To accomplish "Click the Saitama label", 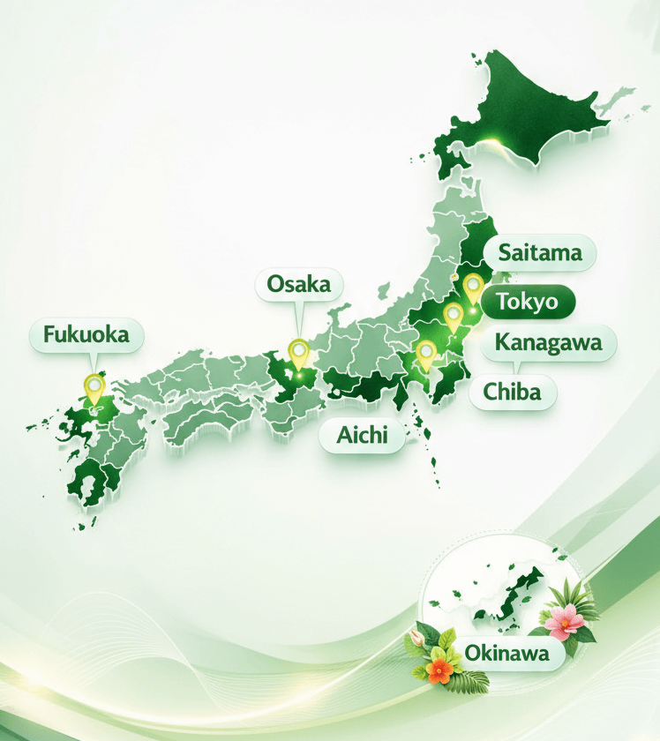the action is click(540, 253).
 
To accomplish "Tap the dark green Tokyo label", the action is click(527, 302).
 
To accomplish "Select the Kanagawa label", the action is click(548, 342).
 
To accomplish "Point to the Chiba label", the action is click(513, 391).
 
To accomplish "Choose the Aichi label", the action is click(363, 436).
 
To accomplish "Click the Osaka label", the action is click(299, 284).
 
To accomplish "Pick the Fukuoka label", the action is click(86, 334).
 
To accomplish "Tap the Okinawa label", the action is click(504, 654).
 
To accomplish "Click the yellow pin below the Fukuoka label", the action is click(94, 385).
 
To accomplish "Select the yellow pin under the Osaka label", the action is click(299, 352).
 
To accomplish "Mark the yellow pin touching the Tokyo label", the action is click(473, 287).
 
